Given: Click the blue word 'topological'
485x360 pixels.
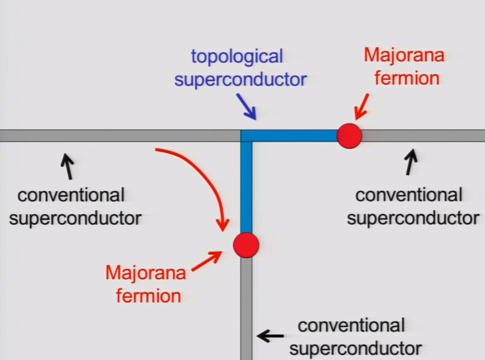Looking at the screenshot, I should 237,56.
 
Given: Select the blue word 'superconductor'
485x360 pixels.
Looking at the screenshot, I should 241,79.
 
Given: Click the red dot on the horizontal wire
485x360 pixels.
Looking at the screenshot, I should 349,136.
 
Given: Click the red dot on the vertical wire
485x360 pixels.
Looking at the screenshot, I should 246,245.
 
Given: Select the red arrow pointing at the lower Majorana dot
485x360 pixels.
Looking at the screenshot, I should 206,261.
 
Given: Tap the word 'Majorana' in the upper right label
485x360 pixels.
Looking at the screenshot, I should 404,55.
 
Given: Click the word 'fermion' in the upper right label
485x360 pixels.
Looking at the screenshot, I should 407,78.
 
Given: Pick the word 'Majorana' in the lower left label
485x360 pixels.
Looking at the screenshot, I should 146,273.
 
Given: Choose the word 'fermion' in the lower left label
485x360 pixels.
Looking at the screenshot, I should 148,296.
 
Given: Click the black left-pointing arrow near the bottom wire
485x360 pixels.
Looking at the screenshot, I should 270,336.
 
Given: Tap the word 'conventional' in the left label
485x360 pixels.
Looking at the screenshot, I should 71,195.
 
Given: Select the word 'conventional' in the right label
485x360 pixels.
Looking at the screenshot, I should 408,195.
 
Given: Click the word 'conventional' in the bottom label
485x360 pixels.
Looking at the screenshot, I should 351,325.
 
